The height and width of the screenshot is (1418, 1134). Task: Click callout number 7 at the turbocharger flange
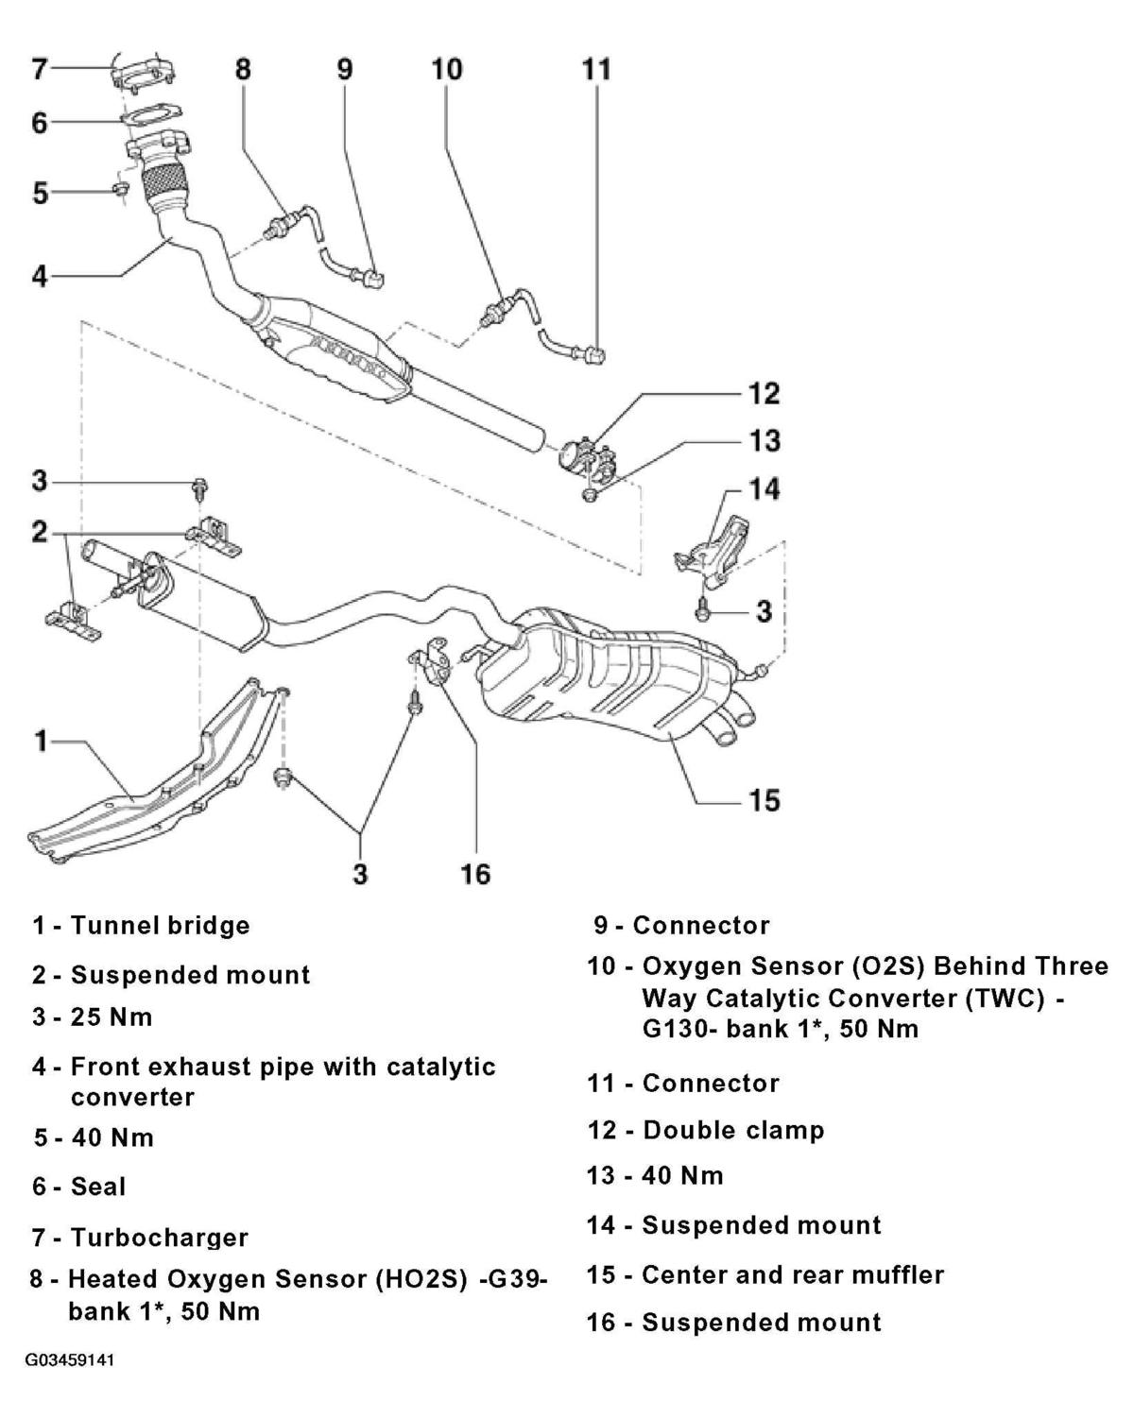click(41, 68)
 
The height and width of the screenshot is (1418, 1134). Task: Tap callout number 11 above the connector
click(596, 69)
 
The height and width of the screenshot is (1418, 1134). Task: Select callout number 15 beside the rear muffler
click(765, 800)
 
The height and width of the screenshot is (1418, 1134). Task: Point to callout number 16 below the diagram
click(474, 875)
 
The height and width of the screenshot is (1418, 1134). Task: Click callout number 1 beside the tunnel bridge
click(41, 742)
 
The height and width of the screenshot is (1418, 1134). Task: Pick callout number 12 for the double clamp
click(765, 393)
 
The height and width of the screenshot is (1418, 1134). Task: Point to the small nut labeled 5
click(121, 190)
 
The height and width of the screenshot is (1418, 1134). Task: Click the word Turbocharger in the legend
click(160, 1238)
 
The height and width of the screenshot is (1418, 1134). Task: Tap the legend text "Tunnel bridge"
click(161, 925)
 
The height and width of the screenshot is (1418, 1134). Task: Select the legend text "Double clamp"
click(733, 1130)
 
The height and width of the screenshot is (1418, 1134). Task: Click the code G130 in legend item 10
click(679, 1028)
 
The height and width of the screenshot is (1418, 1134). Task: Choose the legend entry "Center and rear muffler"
click(793, 1275)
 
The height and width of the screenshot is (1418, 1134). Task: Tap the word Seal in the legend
click(98, 1187)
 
